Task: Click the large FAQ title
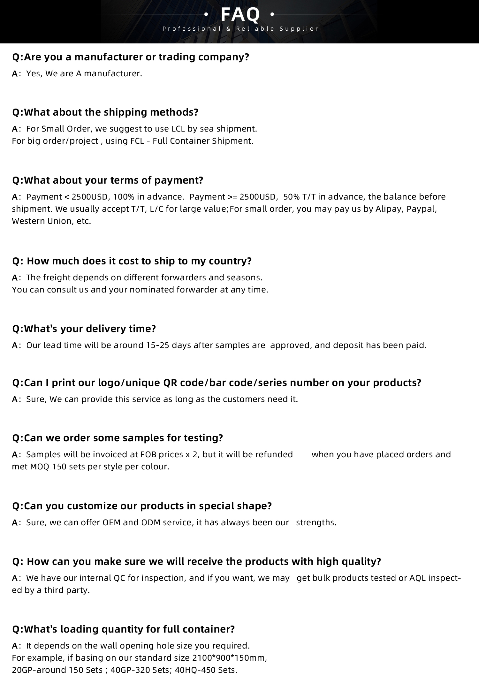[240, 15]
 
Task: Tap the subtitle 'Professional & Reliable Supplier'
[240, 29]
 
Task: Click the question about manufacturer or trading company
[130, 57]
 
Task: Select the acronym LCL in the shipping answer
[178, 129]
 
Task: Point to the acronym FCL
[138, 141]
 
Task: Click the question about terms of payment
[107, 180]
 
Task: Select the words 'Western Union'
[42, 221]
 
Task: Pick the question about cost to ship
[132, 261]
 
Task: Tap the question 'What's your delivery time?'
[84, 329]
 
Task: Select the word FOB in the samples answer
[148, 454]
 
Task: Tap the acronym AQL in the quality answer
[418, 578]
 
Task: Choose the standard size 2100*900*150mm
[230, 658]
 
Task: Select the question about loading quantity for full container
[123, 629]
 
